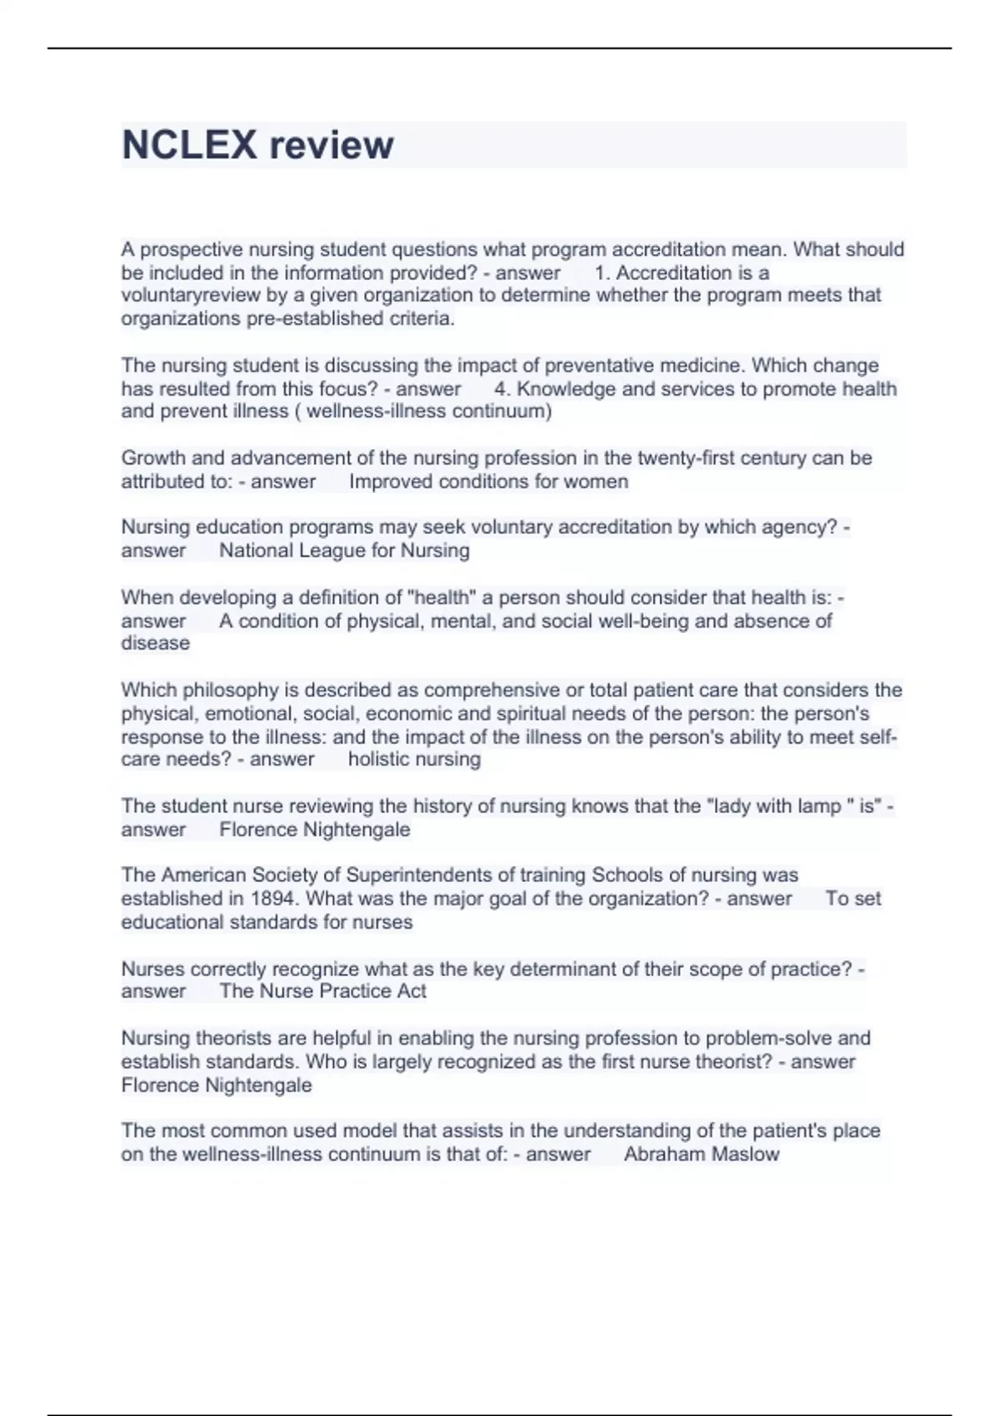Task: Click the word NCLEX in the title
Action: click(x=189, y=145)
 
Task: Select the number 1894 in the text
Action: click(x=275, y=899)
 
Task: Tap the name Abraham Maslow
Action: click(x=702, y=1154)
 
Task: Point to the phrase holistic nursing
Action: click(x=414, y=759)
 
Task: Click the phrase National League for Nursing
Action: click(x=344, y=551)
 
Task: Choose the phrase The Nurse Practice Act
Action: click(x=322, y=991)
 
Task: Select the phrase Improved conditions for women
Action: click(x=488, y=481)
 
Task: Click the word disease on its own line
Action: click(x=155, y=643)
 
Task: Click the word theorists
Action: click(x=233, y=1039)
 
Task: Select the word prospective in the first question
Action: click(x=192, y=250)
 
